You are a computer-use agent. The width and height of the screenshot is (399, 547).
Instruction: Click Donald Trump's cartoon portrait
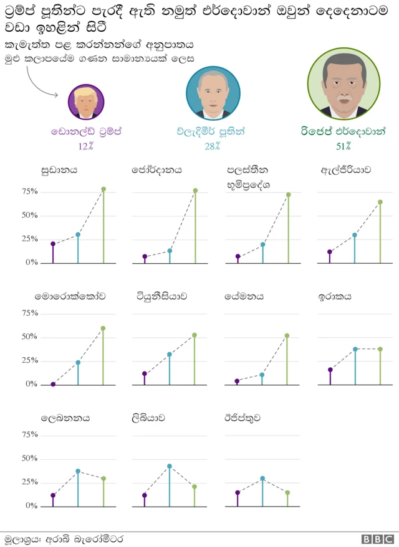coord(86,101)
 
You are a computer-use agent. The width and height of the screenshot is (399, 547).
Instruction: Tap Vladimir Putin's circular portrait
coord(213,93)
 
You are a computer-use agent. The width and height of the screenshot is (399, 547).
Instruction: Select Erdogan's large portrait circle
coord(344,83)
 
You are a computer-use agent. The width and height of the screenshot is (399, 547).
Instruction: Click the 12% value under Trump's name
coord(86,147)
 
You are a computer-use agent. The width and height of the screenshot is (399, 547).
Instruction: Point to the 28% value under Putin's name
coord(213,147)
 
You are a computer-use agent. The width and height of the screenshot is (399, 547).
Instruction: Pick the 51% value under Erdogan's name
coord(344,147)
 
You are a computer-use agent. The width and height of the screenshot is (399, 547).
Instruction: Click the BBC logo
coord(378,539)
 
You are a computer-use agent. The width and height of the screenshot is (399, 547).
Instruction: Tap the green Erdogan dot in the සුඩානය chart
coord(103,189)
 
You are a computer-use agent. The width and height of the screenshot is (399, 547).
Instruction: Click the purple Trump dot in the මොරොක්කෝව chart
coord(53,384)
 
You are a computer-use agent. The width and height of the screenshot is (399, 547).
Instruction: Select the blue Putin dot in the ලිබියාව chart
coord(170,466)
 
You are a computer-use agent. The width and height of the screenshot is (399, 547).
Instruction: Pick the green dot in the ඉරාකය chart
coord(380,349)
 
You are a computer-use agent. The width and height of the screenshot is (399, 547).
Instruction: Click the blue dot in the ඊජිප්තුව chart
coord(262,479)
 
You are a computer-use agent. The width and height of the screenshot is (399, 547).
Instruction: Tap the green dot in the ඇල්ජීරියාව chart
coord(380,202)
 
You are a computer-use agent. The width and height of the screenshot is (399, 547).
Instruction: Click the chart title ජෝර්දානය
coord(156,170)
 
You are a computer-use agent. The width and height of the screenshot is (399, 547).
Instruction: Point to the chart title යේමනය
coord(244,296)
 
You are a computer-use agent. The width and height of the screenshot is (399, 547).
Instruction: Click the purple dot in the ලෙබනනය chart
coord(53,495)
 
